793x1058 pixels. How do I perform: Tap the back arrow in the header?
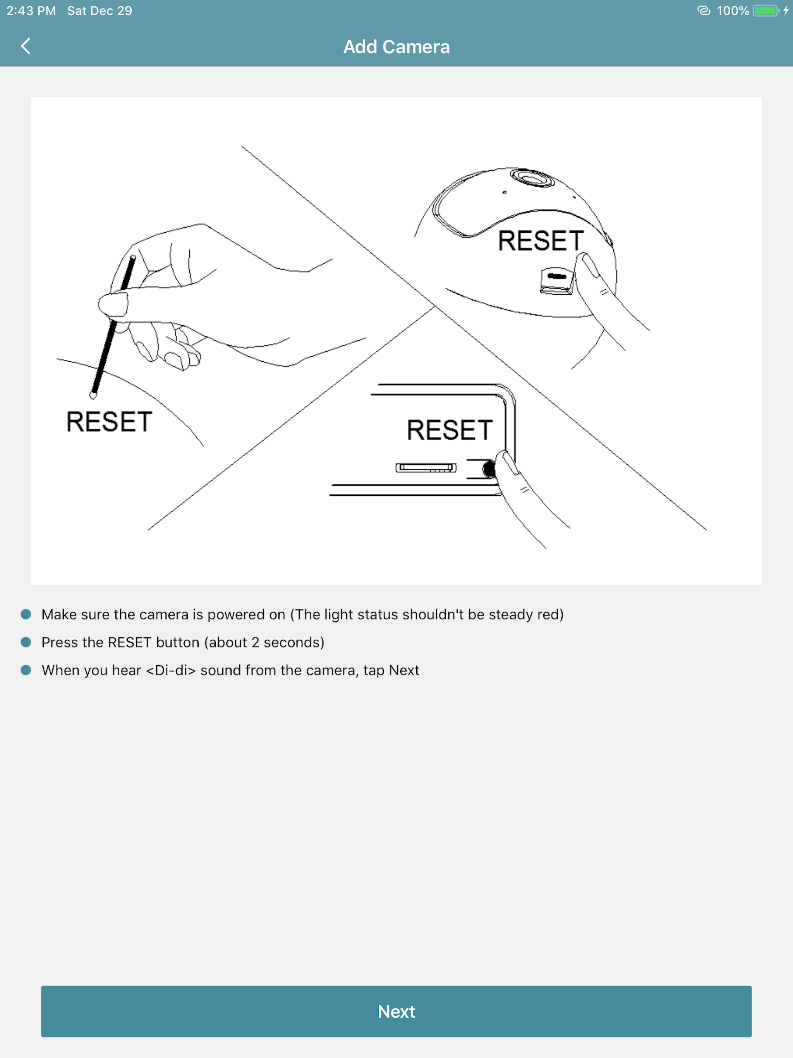click(26, 46)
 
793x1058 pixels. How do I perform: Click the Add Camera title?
click(396, 47)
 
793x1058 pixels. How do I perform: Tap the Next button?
click(396, 1011)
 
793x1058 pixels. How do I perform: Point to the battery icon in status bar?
click(766, 10)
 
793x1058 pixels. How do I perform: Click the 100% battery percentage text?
click(733, 10)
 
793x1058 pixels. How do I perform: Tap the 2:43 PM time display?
click(31, 10)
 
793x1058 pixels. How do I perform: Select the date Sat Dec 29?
click(100, 10)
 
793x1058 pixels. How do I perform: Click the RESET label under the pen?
click(109, 422)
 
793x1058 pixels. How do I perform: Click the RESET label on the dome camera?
click(541, 240)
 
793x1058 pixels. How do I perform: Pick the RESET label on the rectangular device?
click(450, 429)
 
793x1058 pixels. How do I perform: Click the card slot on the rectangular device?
click(426, 468)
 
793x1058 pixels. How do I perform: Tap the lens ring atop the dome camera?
click(532, 179)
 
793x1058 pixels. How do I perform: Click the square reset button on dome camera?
click(556, 280)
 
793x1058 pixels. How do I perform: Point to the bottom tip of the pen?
click(93, 395)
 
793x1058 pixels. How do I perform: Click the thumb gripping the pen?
click(113, 304)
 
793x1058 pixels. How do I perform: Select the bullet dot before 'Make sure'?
click(26, 614)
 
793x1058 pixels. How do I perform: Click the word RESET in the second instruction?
click(130, 642)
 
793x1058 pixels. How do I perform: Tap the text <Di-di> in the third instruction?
click(171, 670)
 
